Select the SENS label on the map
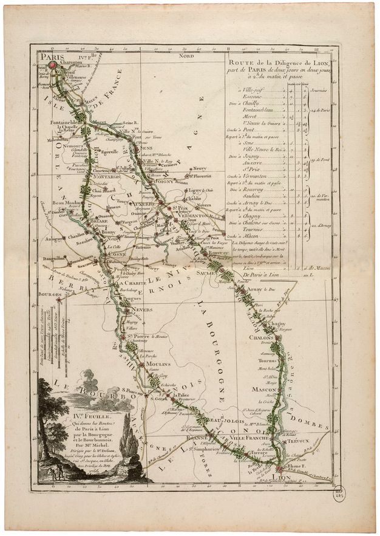coord(163,148)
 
